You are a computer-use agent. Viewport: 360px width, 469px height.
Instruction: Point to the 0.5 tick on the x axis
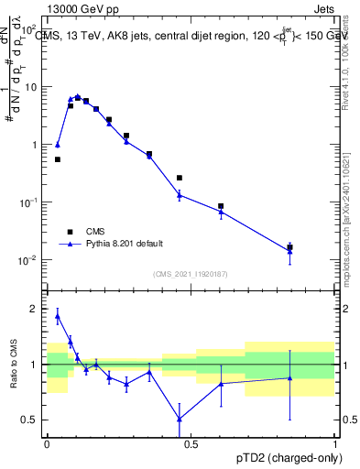pyautogui.click(x=191, y=442)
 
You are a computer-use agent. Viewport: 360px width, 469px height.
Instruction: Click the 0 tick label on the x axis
pyautogui.click(x=47, y=442)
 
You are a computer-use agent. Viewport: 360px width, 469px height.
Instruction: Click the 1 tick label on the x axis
pyautogui.click(x=334, y=442)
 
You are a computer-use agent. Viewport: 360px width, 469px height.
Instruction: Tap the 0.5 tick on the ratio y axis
pyautogui.click(x=32, y=420)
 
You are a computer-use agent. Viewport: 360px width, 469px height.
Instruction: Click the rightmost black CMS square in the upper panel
pyautogui.click(x=289, y=247)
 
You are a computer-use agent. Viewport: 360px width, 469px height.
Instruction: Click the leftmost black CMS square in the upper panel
pyautogui.click(x=58, y=159)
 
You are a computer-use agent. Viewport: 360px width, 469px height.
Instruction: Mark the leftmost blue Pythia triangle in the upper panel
pyautogui.click(x=58, y=145)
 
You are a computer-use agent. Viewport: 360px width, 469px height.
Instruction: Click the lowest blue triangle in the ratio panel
pyautogui.click(x=180, y=419)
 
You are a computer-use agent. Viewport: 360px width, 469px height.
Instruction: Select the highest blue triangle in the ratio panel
pyautogui.click(x=58, y=316)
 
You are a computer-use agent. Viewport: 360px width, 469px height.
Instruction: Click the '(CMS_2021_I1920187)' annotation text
pyautogui.click(x=191, y=274)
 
